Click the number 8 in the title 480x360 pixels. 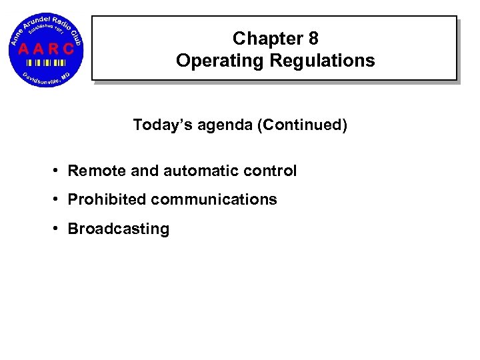tap(312, 39)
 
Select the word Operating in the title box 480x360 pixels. tap(212, 61)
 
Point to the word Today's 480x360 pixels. tap(159, 125)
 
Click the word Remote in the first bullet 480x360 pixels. tap(97, 171)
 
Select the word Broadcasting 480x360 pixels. tap(119, 229)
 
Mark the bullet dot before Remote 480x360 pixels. tap(58, 171)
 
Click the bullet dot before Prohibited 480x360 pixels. tap(58, 200)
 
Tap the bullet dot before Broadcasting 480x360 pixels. tap(58, 229)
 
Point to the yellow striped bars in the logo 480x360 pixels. tap(45, 62)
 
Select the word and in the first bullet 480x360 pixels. tap(145, 171)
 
